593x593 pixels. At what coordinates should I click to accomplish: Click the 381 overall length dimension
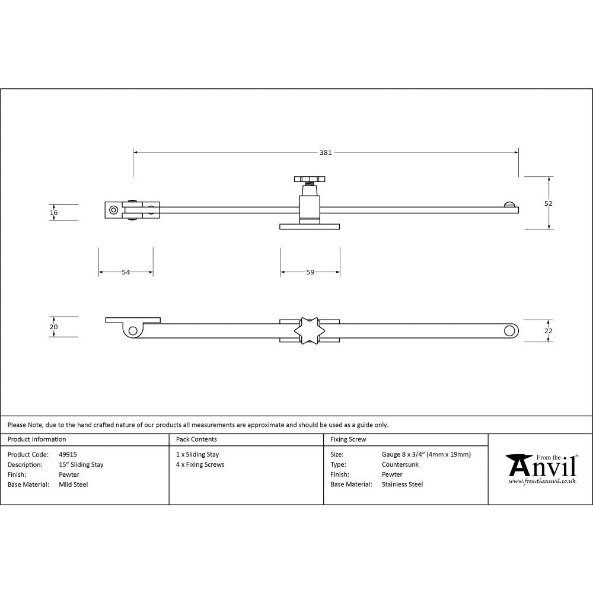tap(326, 152)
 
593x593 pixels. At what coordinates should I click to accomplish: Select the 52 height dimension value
tap(548, 203)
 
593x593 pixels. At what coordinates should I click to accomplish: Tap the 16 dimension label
tap(54, 212)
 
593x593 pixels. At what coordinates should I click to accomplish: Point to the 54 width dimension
tap(126, 272)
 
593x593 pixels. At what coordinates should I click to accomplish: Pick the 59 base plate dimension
tap(310, 272)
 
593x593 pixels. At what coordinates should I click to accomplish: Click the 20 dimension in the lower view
tap(54, 327)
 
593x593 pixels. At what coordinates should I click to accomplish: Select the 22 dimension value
tap(548, 330)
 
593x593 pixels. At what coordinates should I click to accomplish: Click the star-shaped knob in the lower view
tap(310, 330)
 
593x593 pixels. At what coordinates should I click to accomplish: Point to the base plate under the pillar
tap(310, 226)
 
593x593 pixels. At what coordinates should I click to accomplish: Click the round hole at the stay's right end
tap(509, 330)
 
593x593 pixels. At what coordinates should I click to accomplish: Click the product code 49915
tap(68, 455)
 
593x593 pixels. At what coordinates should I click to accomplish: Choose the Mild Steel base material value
tap(74, 484)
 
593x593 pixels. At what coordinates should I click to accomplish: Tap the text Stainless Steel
tap(402, 484)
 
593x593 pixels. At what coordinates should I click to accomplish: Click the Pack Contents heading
tap(196, 439)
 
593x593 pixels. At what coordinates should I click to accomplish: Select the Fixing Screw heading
tap(348, 439)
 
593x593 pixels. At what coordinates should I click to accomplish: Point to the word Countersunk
tap(400, 465)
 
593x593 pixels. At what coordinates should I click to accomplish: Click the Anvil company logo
tap(541, 468)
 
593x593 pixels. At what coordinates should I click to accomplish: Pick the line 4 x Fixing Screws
tap(200, 465)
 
